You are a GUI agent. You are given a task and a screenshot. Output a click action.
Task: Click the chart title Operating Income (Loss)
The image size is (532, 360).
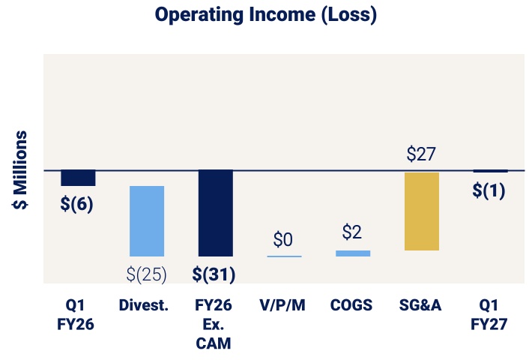[266, 15]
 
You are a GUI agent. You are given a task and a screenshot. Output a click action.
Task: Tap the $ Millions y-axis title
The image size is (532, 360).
[19, 169]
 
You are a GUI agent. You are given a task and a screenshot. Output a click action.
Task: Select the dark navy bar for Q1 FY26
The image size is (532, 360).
[78, 178]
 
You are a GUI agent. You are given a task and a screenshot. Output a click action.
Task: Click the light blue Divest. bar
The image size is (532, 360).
[147, 221]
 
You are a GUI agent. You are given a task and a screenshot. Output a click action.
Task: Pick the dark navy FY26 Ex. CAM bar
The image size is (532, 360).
[216, 213]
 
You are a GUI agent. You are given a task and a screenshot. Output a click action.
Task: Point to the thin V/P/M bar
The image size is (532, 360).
[284, 256]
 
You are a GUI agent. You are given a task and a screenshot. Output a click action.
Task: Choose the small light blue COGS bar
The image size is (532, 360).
[353, 253]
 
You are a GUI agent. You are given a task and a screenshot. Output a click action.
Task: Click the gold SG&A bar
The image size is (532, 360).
[422, 211]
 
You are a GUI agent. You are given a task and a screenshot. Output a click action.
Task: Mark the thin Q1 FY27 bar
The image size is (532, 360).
[491, 171]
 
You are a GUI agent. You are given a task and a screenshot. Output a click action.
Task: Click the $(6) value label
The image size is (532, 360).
[76, 204]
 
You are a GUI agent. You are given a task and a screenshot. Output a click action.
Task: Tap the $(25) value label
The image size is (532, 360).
[147, 274]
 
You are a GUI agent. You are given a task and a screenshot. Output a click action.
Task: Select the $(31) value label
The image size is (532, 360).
[214, 274]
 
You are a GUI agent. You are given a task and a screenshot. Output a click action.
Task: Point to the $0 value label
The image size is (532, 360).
[283, 240]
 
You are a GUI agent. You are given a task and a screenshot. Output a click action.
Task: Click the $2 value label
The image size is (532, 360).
[352, 232]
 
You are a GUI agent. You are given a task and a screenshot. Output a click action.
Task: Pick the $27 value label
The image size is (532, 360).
[421, 154]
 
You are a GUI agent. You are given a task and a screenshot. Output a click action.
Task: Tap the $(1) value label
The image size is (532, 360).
[489, 190]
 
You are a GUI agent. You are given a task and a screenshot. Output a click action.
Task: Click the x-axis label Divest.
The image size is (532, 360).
[144, 305]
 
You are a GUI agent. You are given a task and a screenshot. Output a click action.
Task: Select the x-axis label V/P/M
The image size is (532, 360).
[282, 305]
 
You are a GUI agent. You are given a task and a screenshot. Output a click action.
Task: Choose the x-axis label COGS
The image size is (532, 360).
[351, 305]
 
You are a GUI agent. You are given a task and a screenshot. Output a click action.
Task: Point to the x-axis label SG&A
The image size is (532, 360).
[420, 305]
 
